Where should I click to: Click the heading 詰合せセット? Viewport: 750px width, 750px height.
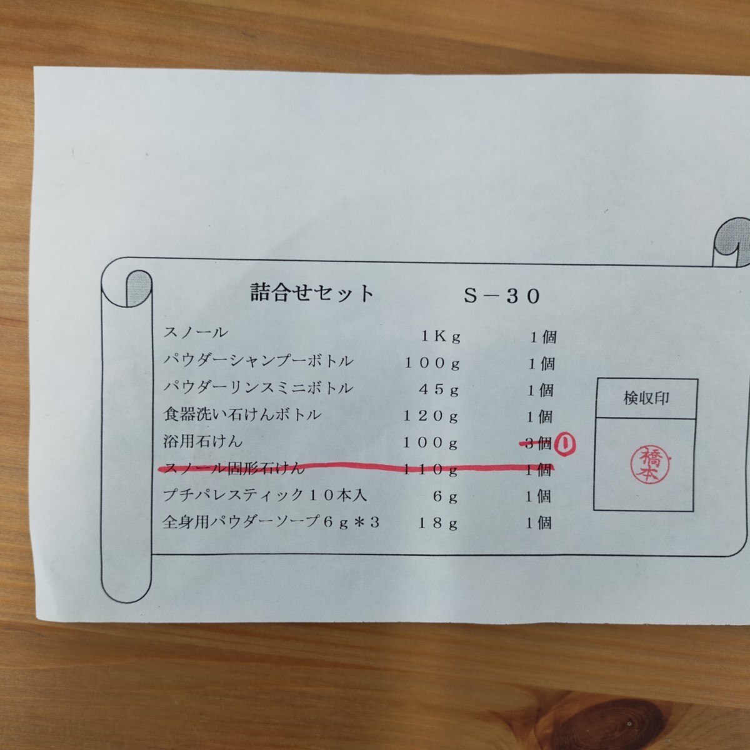click(312, 293)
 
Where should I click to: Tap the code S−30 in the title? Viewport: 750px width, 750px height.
click(501, 296)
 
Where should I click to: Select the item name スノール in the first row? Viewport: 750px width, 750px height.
click(196, 333)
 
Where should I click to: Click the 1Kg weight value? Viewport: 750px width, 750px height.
click(441, 337)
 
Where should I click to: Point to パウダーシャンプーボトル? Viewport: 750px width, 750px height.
click(258, 361)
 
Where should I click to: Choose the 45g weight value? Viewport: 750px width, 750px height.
click(439, 391)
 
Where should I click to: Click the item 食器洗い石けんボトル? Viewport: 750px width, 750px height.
click(242, 414)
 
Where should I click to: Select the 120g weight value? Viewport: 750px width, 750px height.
click(431, 417)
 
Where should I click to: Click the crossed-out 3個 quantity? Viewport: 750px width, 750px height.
click(537, 444)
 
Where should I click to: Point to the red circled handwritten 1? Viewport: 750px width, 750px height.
click(567, 444)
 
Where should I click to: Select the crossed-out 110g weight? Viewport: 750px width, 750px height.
click(431, 470)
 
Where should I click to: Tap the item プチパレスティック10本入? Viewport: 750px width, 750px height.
click(264, 496)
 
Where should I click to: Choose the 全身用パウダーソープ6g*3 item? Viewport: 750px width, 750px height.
click(271, 522)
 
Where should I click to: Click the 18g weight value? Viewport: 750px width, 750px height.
click(439, 524)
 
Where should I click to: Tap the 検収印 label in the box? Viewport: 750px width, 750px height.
click(646, 398)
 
